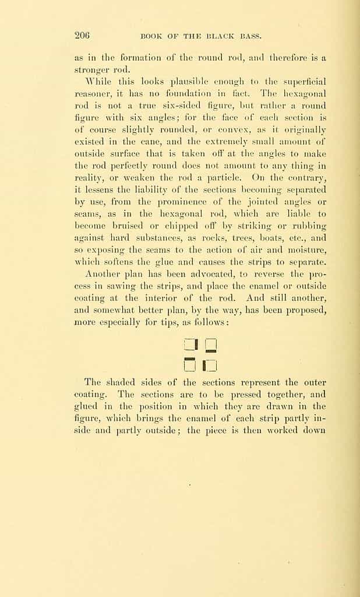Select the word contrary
click(302, 177)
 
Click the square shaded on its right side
click(190, 345)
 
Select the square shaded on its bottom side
click(211, 345)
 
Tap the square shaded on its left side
click(210, 366)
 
